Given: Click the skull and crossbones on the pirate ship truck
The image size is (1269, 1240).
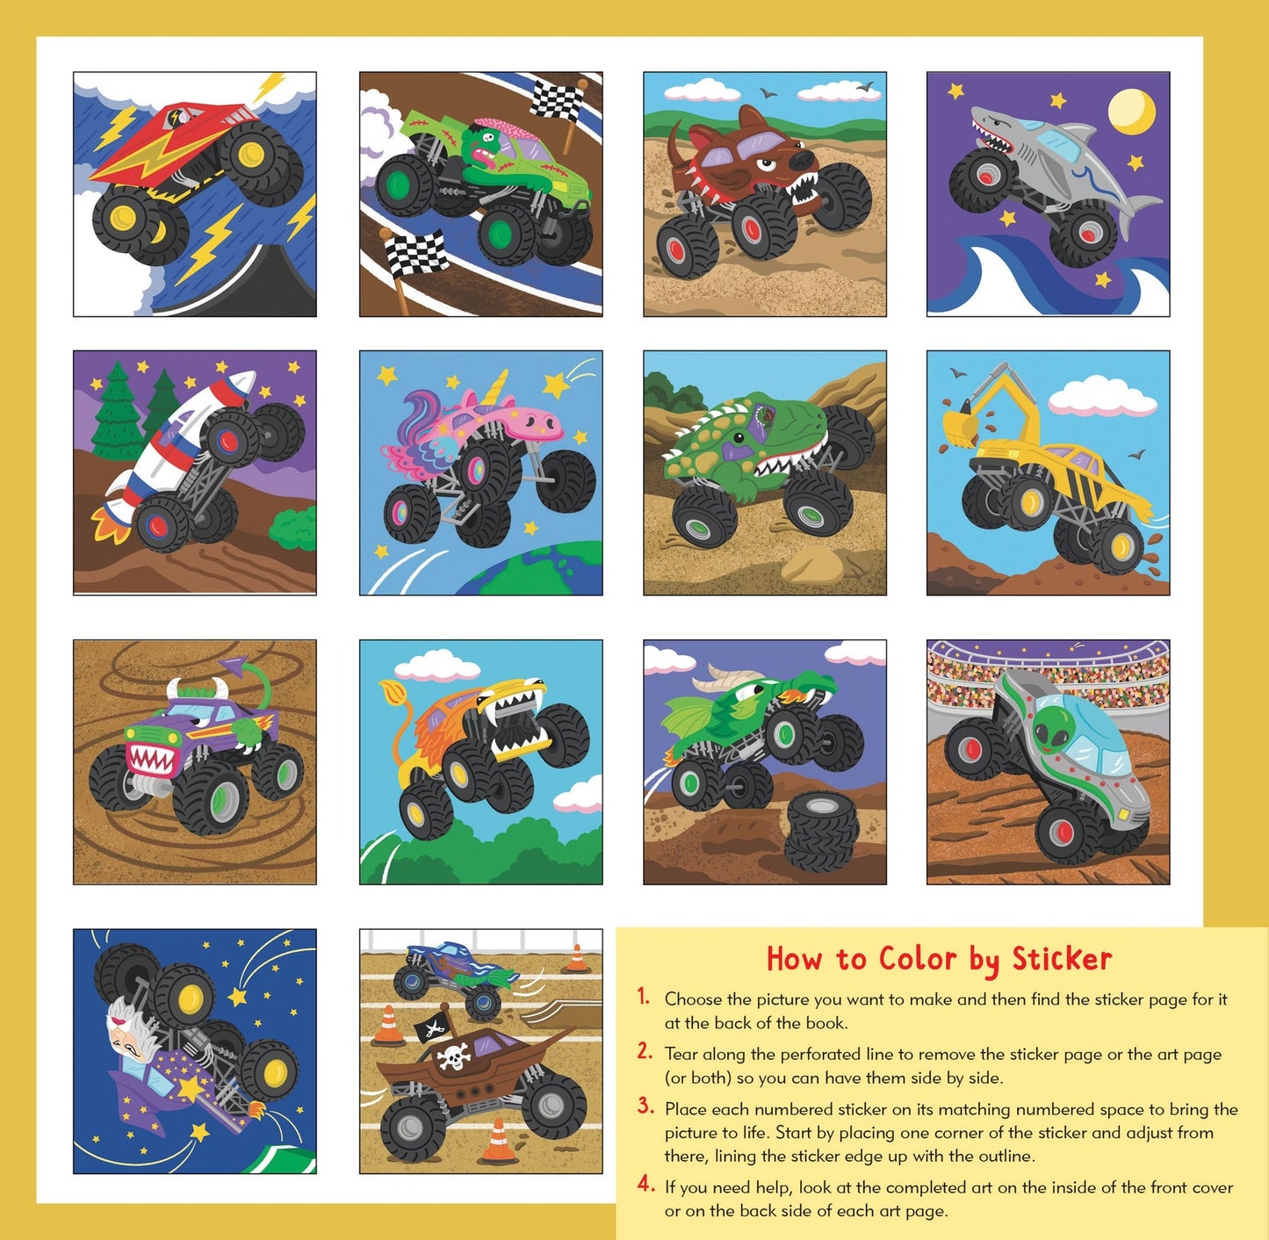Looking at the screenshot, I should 454,1057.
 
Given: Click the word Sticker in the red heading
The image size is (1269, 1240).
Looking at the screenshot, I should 1062,958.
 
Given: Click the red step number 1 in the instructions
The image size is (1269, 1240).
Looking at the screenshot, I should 644,997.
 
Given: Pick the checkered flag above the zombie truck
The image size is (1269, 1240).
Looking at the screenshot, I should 556,98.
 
